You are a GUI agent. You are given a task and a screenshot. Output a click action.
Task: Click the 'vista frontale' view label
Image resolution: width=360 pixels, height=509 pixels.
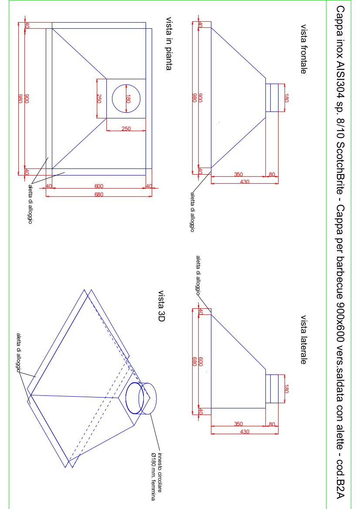(x=303, y=49)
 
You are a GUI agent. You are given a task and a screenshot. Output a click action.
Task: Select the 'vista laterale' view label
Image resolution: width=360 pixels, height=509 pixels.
(x=303, y=340)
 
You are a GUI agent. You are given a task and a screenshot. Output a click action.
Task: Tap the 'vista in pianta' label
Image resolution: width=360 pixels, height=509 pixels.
(x=169, y=44)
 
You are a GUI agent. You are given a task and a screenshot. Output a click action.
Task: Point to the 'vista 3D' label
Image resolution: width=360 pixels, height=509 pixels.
(x=162, y=306)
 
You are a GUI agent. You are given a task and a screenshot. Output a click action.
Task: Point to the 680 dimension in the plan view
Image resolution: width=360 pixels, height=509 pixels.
(x=99, y=195)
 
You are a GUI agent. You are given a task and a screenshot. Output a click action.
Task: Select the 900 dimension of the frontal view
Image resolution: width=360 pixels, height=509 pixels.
(x=200, y=98)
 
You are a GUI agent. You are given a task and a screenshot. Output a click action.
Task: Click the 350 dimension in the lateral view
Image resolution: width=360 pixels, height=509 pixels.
(x=238, y=424)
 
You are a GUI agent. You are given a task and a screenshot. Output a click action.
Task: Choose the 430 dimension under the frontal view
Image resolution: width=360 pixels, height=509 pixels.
(x=245, y=182)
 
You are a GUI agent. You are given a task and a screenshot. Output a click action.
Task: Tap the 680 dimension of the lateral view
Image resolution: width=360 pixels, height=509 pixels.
(x=195, y=361)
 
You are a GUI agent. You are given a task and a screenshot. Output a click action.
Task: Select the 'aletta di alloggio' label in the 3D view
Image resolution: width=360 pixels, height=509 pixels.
(x=19, y=353)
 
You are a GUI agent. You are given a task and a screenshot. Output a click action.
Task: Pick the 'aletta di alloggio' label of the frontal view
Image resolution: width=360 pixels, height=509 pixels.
(x=192, y=212)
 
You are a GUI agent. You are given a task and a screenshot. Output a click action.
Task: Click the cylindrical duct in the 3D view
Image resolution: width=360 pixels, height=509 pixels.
(x=141, y=398)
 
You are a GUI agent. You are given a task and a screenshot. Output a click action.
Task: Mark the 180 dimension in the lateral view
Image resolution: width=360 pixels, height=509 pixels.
(x=286, y=389)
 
